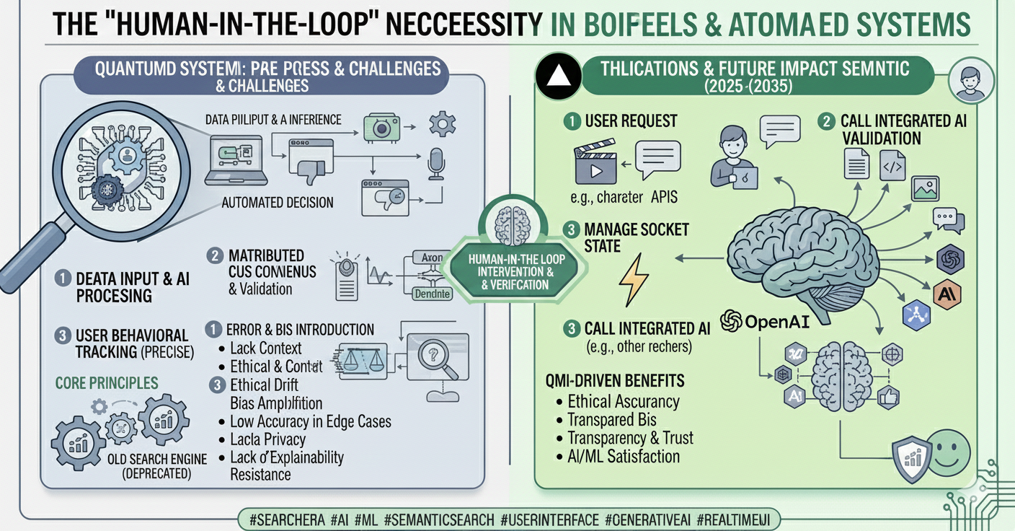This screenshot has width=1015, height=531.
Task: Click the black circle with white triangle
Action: (556, 75)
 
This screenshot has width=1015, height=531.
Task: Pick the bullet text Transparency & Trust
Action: (630, 437)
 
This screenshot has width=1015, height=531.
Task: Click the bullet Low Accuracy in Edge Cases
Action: (310, 421)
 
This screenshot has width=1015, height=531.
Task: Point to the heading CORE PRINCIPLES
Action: (106, 382)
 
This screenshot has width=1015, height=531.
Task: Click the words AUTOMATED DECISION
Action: (278, 203)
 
